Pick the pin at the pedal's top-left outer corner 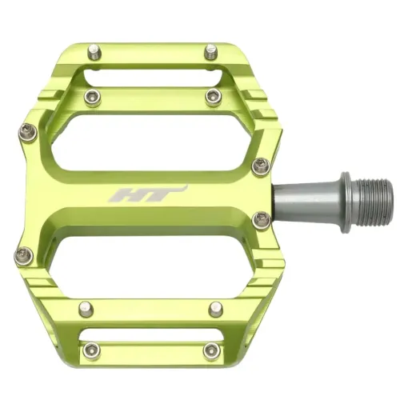tap(95, 52)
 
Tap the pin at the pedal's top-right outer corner tap(211, 52)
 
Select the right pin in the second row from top tap(214, 97)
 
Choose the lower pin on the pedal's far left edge tap(22, 255)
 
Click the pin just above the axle tap(261, 166)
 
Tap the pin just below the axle tap(261, 218)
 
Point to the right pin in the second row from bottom tap(214, 307)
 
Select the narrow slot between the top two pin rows tap(152, 76)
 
